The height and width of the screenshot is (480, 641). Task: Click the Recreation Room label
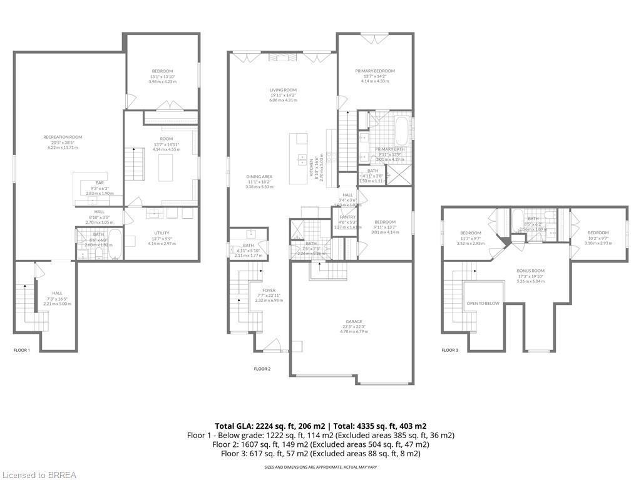click(x=63, y=137)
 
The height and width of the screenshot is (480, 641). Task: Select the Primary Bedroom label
click(x=375, y=71)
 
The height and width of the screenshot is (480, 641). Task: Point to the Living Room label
click(x=282, y=90)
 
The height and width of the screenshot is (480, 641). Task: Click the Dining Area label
click(x=259, y=177)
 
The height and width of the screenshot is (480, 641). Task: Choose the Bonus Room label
click(x=530, y=271)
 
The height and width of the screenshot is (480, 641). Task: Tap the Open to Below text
click(x=484, y=303)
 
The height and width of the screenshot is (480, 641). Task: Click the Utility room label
click(x=162, y=233)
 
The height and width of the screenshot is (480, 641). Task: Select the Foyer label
click(x=269, y=290)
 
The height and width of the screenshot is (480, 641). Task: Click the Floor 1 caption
click(x=22, y=351)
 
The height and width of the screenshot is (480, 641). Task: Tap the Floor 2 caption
click(x=262, y=369)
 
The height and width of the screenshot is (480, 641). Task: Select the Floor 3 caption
click(x=450, y=351)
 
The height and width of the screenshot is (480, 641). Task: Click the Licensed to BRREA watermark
click(x=39, y=475)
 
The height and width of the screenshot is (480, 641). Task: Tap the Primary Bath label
click(x=388, y=149)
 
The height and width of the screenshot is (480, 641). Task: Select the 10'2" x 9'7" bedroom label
click(x=598, y=232)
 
